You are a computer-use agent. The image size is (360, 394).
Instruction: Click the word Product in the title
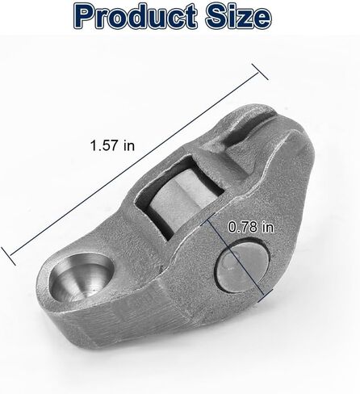click(x=135, y=16)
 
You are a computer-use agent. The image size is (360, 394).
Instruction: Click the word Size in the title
click(x=238, y=17)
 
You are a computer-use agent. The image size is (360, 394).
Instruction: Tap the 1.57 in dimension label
click(x=112, y=145)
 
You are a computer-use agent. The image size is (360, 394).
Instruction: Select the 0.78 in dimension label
click(x=251, y=227)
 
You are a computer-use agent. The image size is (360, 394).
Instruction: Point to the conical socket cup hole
click(x=82, y=277)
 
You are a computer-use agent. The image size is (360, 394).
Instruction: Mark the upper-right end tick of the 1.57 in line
click(x=260, y=72)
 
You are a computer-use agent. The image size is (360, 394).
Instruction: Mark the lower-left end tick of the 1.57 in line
click(x=8, y=256)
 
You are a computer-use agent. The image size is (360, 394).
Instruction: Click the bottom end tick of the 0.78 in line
click(x=265, y=295)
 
